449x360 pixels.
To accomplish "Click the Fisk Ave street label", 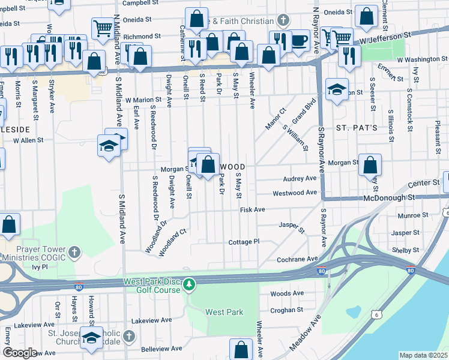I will click(x=252, y=210).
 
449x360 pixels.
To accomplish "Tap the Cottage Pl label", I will click(x=243, y=242).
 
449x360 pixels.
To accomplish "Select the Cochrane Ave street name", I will click(x=297, y=259).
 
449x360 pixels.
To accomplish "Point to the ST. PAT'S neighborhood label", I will click(x=356, y=128).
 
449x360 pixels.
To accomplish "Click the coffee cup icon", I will click(x=300, y=41).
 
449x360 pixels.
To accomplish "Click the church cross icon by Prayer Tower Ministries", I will click(x=74, y=251).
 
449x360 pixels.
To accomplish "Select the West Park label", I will click(x=224, y=312).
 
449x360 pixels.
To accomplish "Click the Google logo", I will click(x=20, y=353).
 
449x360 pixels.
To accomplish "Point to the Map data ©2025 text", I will click(x=423, y=355).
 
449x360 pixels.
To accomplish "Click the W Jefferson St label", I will click(x=393, y=39).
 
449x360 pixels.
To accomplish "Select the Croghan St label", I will click(x=287, y=310).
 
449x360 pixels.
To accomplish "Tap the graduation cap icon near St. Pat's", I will click(x=337, y=89).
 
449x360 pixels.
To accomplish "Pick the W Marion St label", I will click(x=143, y=100).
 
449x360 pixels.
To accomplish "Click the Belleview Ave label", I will click(x=160, y=349).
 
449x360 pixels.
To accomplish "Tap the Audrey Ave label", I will click(x=300, y=179).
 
